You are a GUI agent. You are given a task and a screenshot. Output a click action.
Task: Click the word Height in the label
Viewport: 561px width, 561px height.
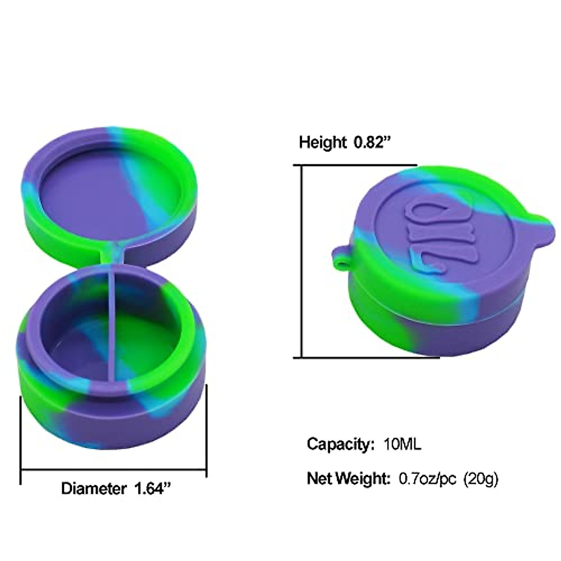click(x=323, y=142)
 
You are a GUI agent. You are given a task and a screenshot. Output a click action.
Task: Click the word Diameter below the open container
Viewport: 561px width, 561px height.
click(x=93, y=489)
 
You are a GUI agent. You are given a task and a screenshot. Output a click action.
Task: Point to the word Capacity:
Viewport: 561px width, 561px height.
click(x=338, y=444)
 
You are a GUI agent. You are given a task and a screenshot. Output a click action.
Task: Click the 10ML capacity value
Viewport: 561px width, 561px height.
click(x=402, y=444)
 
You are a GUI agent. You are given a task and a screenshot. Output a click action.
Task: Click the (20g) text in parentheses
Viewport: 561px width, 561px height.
click(x=481, y=478)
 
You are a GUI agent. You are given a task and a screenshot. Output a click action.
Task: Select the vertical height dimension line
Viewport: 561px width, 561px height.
click(x=302, y=262)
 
